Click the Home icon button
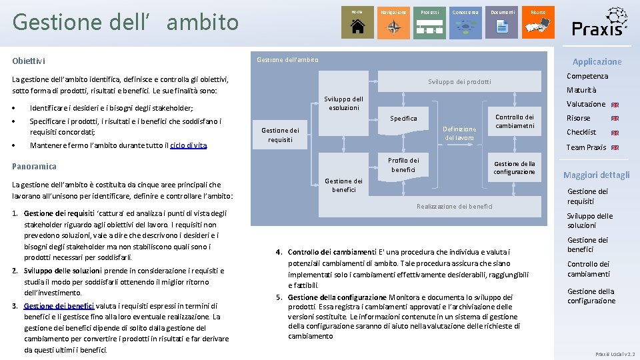[x=357, y=22]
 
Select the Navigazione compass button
[x=394, y=22]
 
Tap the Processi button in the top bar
[x=430, y=22]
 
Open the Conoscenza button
[x=465, y=22]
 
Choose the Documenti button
[x=502, y=22]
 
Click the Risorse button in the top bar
[x=538, y=22]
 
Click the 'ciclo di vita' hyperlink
[x=189, y=145]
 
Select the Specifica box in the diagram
[x=403, y=119]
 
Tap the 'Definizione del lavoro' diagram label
[x=459, y=133]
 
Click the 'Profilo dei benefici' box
[x=403, y=165]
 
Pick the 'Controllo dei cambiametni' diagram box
[x=515, y=121]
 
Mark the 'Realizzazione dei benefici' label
[x=455, y=207]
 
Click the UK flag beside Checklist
[x=615, y=133]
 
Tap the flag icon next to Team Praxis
[x=615, y=148]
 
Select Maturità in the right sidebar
[x=581, y=90]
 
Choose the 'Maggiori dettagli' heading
[x=596, y=175]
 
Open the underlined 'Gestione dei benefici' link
[x=59, y=306]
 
